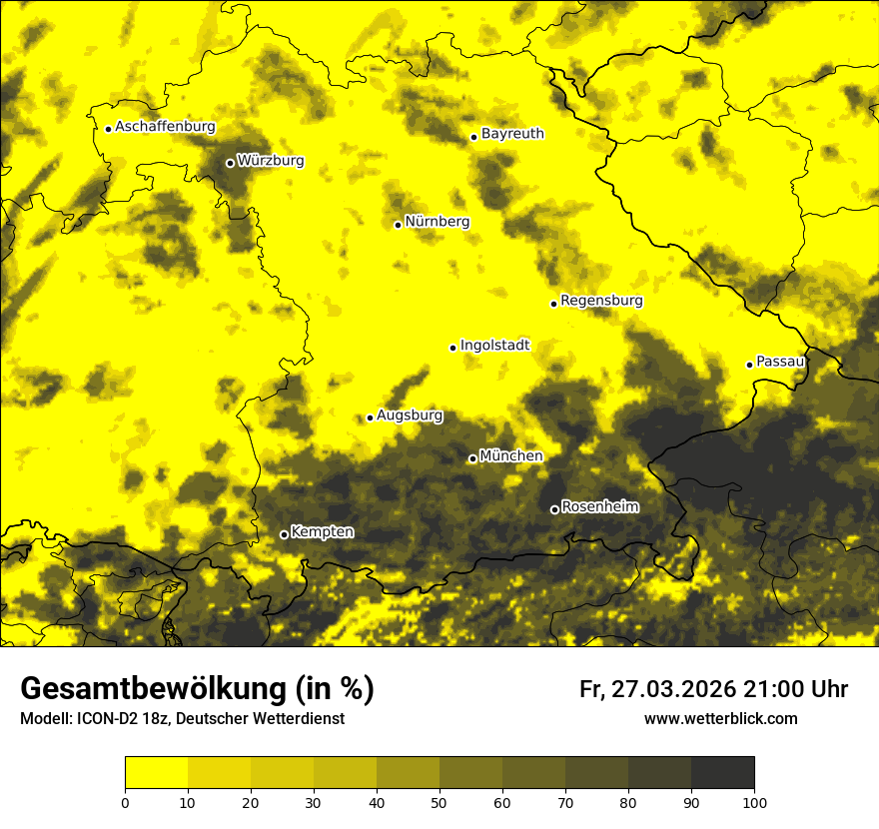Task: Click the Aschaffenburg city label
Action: [165, 127]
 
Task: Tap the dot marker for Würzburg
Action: [230, 163]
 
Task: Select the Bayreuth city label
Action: [512, 133]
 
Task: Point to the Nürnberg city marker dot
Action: [398, 225]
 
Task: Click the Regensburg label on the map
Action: [601, 300]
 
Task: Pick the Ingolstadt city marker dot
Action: [452, 348]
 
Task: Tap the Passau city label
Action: [780, 361]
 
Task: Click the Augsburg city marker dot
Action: [370, 417]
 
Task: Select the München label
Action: [511, 455]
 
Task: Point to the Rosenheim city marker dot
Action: [554, 509]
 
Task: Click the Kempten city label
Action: [322, 531]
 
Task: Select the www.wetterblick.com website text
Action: [720, 718]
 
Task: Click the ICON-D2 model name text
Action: [103, 718]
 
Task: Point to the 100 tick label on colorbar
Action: [754, 802]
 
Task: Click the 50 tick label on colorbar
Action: [439, 802]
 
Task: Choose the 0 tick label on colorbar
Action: [125, 802]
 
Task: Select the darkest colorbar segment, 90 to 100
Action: [722, 772]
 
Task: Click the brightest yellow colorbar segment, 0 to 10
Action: [156, 772]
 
